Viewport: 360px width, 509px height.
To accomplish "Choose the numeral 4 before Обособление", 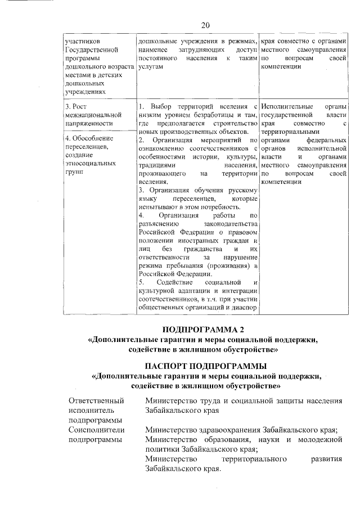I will (67, 138).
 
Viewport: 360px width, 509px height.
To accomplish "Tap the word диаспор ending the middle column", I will (245, 308).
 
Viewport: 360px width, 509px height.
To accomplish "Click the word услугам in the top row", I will (150, 66).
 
